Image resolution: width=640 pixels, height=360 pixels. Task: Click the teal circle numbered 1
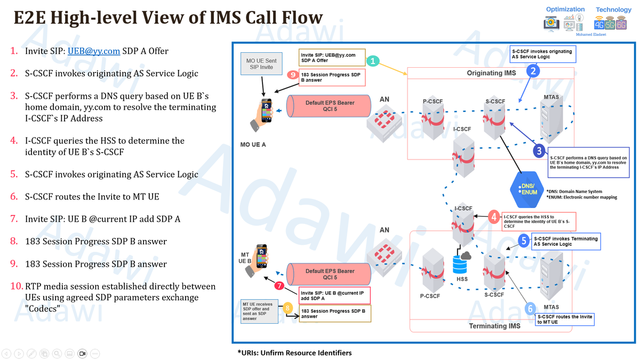(374, 61)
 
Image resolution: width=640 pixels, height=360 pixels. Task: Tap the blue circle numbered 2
(533, 70)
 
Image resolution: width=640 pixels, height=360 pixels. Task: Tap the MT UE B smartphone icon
(260, 259)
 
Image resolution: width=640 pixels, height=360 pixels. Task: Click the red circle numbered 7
(278, 286)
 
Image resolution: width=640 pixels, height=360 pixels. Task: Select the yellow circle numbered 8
(287, 308)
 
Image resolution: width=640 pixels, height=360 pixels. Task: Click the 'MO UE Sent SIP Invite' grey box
(261, 65)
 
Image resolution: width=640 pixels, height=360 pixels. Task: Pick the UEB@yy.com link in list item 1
(93, 51)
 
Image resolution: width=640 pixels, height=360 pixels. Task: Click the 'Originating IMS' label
(491, 73)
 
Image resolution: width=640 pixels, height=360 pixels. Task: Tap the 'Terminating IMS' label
(494, 326)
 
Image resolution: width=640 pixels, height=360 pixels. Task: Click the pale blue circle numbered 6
(530, 308)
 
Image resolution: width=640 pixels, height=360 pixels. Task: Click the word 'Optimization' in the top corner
(565, 9)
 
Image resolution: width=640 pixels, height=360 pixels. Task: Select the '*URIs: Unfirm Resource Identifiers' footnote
(294, 353)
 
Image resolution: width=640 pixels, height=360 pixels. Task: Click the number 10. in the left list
(17, 286)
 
